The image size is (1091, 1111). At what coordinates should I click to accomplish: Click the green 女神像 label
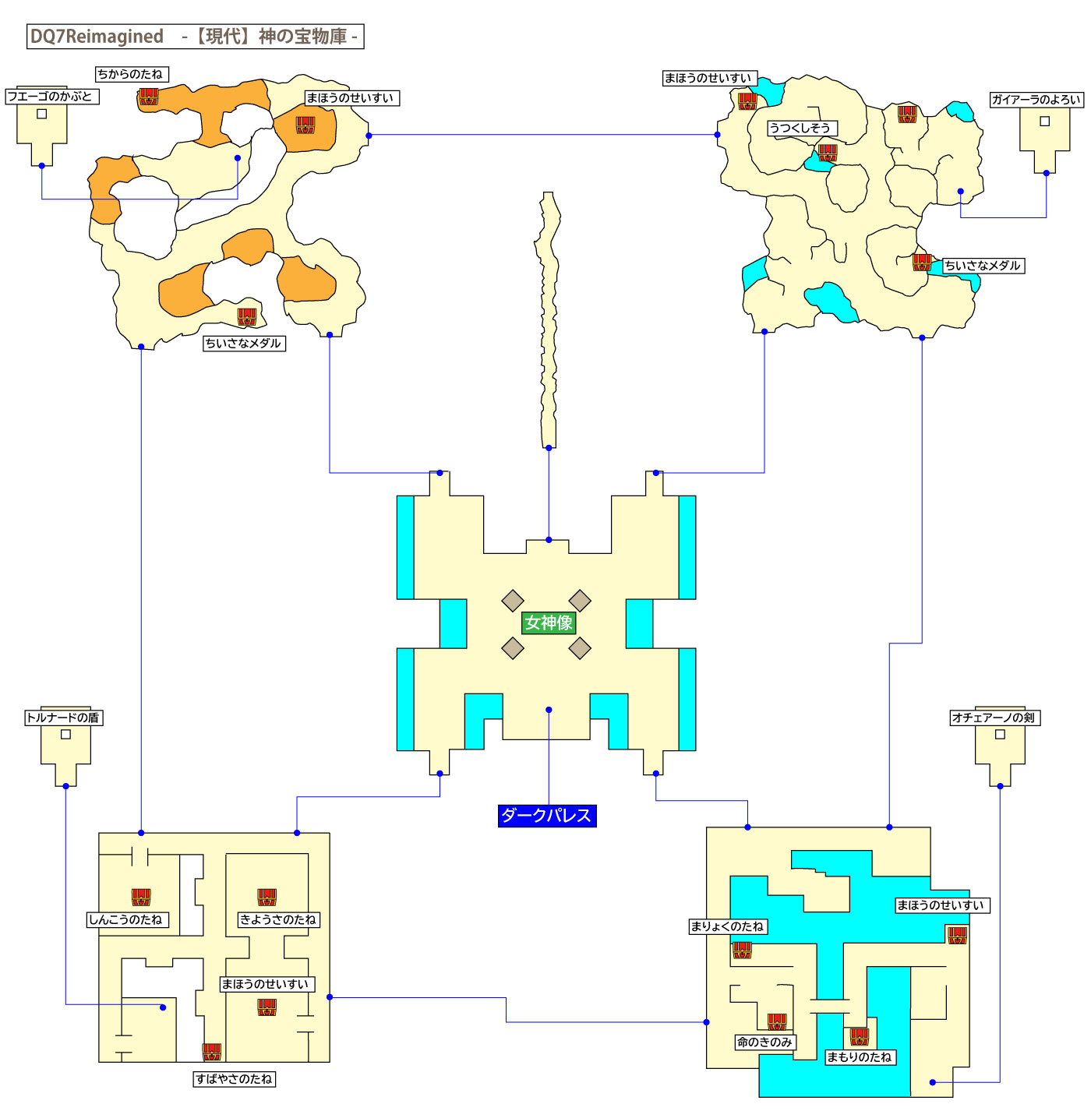pyautogui.click(x=549, y=623)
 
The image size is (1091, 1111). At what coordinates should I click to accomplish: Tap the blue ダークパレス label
pyautogui.click(x=547, y=816)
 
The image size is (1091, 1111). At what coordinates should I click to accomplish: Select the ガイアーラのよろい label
pyautogui.click(x=1036, y=100)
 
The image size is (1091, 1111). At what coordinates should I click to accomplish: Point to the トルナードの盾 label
pyautogui.click(x=64, y=718)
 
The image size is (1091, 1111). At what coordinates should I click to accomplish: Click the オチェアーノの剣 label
pyautogui.click(x=994, y=718)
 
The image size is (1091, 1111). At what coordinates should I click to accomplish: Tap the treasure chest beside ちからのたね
pyautogui.click(x=149, y=97)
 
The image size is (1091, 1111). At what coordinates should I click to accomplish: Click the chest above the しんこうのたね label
pyautogui.click(x=141, y=897)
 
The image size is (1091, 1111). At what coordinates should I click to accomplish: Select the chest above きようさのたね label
pyautogui.click(x=267, y=897)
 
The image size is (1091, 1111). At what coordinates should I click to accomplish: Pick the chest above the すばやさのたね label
pyautogui.click(x=212, y=1052)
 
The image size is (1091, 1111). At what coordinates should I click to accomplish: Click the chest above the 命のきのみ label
pyautogui.click(x=777, y=1021)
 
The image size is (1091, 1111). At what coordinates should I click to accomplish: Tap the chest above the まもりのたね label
pyautogui.click(x=860, y=1036)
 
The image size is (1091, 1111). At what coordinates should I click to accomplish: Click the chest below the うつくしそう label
pyautogui.click(x=828, y=153)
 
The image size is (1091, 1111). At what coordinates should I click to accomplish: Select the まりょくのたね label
pyautogui.click(x=728, y=926)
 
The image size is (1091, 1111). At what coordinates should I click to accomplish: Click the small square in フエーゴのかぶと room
pyautogui.click(x=42, y=114)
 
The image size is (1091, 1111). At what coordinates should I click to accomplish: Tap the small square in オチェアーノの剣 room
pyautogui.click(x=1000, y=734)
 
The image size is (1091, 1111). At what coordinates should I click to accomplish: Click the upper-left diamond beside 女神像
pyautogui.click(x=513, y=601)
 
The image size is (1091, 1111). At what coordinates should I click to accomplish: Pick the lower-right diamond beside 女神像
pyautogui.click(x=580, y=648)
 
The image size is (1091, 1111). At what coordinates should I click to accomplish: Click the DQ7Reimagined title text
pyautogui.click(x=97, y=37)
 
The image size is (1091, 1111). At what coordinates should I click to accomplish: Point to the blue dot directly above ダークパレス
pyautogui.click(x=549, y=710)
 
